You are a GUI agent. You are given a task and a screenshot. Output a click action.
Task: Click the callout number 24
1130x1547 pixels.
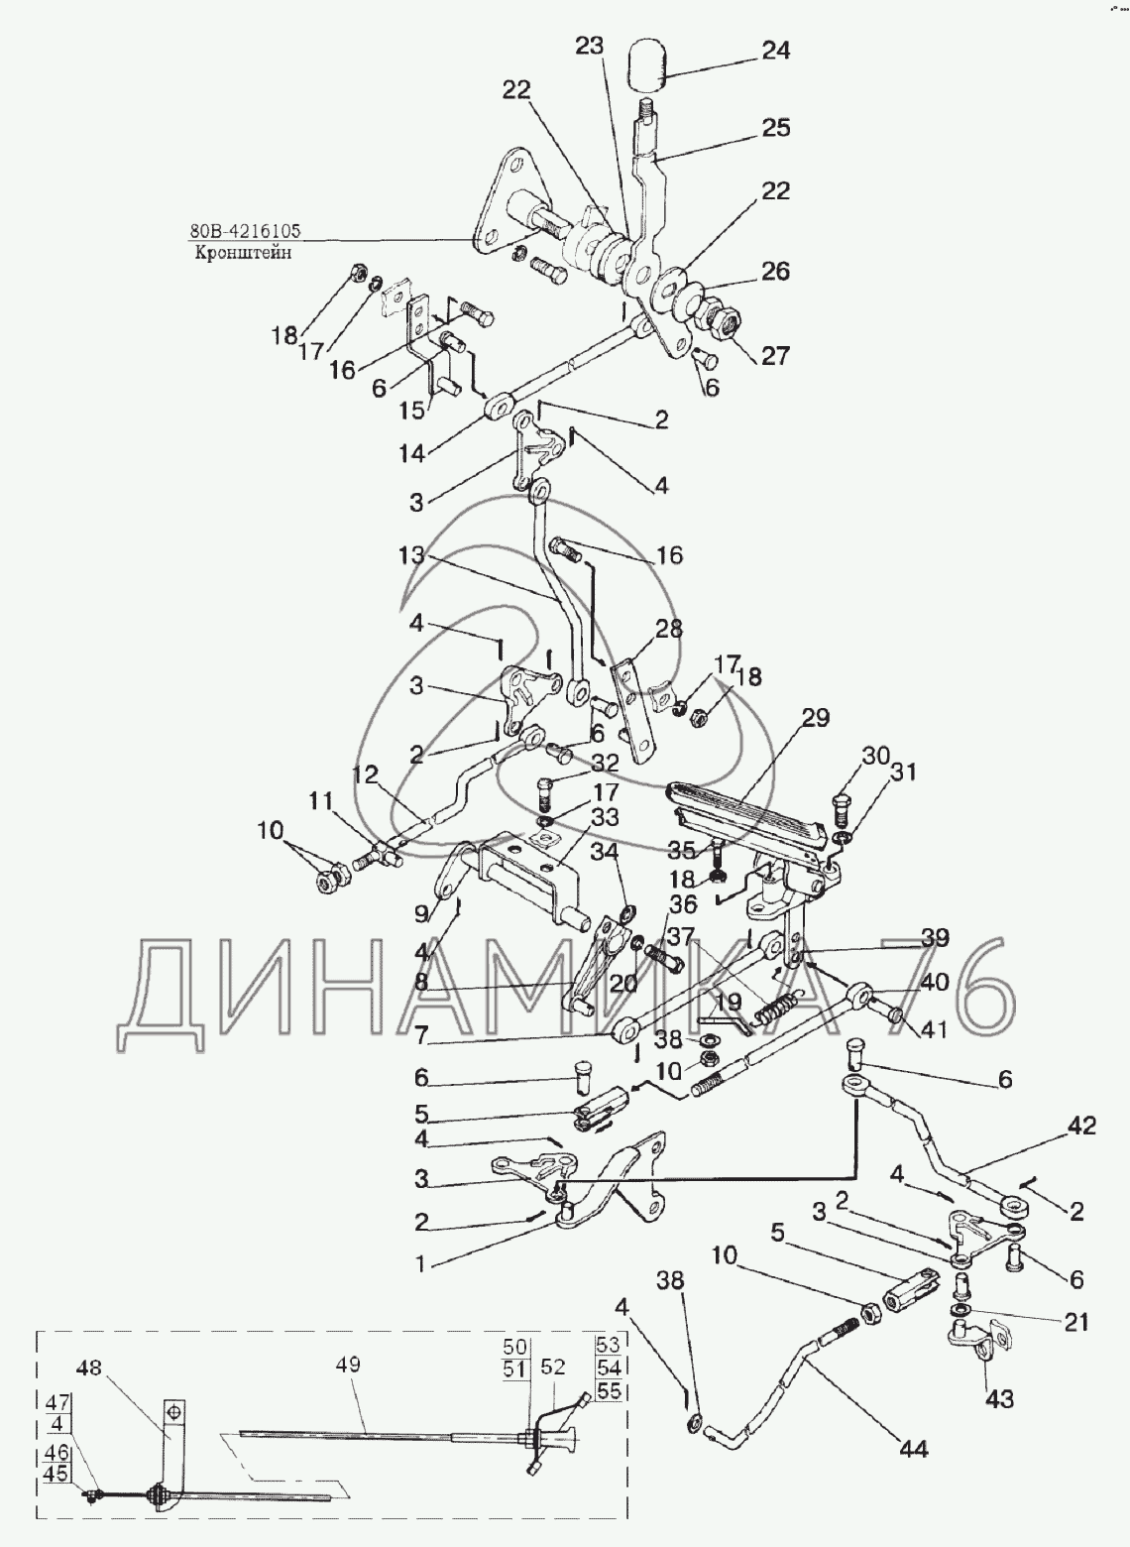click(x=775, y=52)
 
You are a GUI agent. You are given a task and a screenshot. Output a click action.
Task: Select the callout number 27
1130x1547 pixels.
click(x=775, y=356)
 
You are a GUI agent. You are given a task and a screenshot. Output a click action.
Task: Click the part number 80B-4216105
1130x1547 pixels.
click(x=246, y=229)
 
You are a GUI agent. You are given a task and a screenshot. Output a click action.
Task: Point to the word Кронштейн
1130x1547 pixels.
click(x=243, y=253)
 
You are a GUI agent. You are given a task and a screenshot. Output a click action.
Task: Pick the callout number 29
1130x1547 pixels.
click(x=815, y=718)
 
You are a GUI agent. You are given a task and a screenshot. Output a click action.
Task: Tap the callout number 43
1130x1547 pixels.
click(x=999, y=1399)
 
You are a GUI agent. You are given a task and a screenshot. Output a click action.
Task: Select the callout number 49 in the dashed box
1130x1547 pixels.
click(x=350, y=1364)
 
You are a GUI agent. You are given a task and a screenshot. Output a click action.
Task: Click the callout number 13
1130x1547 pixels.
click(x=412, y=555)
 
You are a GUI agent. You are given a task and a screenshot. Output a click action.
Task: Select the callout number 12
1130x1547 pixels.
click(x=365, y=774)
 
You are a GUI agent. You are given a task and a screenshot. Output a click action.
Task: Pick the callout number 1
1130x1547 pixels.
click(x=419, y=1263)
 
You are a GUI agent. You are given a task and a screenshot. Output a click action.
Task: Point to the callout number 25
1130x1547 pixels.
click(x=775, y=128)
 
